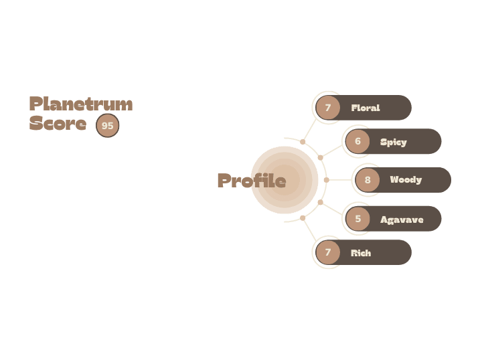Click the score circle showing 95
(107, 125)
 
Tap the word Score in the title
(58, 124)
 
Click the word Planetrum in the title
(80, 104)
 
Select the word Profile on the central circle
(252, 181)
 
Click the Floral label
(365, 108)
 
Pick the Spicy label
(393, 142)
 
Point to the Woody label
(406, 180)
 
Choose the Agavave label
(402, 219)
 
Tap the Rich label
(360, 253)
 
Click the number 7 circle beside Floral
(328, 108)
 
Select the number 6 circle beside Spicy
(357, 142)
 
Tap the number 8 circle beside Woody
(368, 180)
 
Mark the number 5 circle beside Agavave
(357, 219)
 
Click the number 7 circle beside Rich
(328, 253)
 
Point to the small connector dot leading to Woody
(327, 180)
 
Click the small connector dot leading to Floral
(303, 142)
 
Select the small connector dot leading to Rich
(303, 218)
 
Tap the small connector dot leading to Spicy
(320, 158)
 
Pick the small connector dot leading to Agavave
(320, 202)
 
